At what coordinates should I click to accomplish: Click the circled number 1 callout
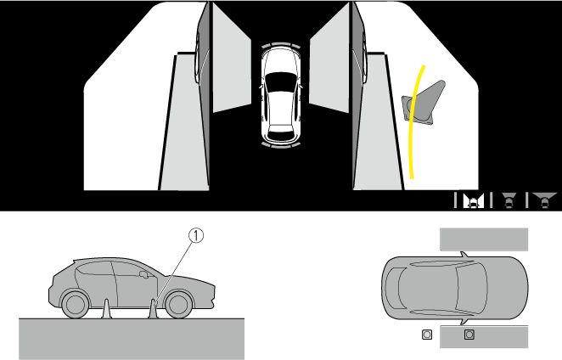196,235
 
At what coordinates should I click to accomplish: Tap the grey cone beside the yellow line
424,103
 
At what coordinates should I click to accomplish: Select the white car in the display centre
281,96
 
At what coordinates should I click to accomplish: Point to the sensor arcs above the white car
281,45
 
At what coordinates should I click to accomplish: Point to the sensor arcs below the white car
281,145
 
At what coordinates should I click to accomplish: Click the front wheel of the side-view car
177,305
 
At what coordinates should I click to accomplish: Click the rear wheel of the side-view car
76,305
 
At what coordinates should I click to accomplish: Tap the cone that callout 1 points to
154,309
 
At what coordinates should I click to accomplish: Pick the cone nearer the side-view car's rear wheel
106,309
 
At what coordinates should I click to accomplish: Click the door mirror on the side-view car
143,274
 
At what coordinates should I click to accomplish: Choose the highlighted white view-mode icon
473,200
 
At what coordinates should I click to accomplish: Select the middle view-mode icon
509,200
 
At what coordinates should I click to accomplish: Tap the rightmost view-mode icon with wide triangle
545,200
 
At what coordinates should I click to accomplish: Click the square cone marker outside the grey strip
427,335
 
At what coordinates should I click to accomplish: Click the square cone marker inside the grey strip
469,335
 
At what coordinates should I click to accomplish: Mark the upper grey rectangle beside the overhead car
484,239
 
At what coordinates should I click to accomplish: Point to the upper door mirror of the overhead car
464,254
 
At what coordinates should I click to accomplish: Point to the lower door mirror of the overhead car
464,322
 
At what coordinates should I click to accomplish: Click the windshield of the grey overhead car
472,288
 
